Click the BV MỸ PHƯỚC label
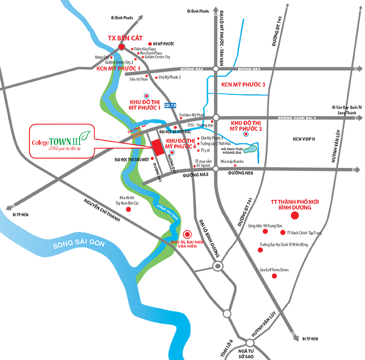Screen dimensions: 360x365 (164, 43)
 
